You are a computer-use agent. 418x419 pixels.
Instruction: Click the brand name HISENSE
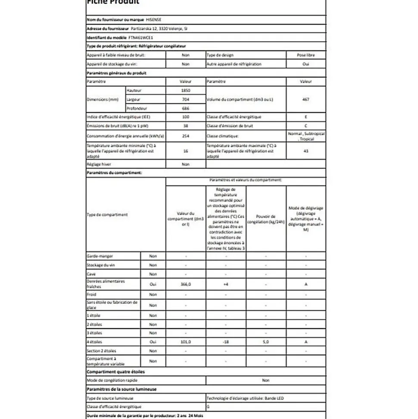154,19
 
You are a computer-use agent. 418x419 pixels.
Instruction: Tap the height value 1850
185,91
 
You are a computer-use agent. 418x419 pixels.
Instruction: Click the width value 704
185,99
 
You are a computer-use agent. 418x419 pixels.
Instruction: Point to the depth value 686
185,108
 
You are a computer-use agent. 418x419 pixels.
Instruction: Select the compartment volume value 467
306,99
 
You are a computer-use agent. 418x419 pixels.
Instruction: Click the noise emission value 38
185,126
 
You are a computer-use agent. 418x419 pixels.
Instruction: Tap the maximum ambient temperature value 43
306,151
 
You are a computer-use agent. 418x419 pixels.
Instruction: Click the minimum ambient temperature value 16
185,151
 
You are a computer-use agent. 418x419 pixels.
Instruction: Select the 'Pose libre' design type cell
306,55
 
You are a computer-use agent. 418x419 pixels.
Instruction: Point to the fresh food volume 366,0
185,284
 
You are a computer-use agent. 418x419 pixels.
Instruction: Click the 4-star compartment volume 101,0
185,342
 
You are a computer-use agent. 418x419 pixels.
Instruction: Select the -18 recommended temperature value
225,342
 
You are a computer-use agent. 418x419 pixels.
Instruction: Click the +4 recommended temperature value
225,284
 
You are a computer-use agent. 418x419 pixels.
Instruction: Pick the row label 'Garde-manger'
100,256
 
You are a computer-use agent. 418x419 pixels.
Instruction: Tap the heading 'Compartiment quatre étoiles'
115,372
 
